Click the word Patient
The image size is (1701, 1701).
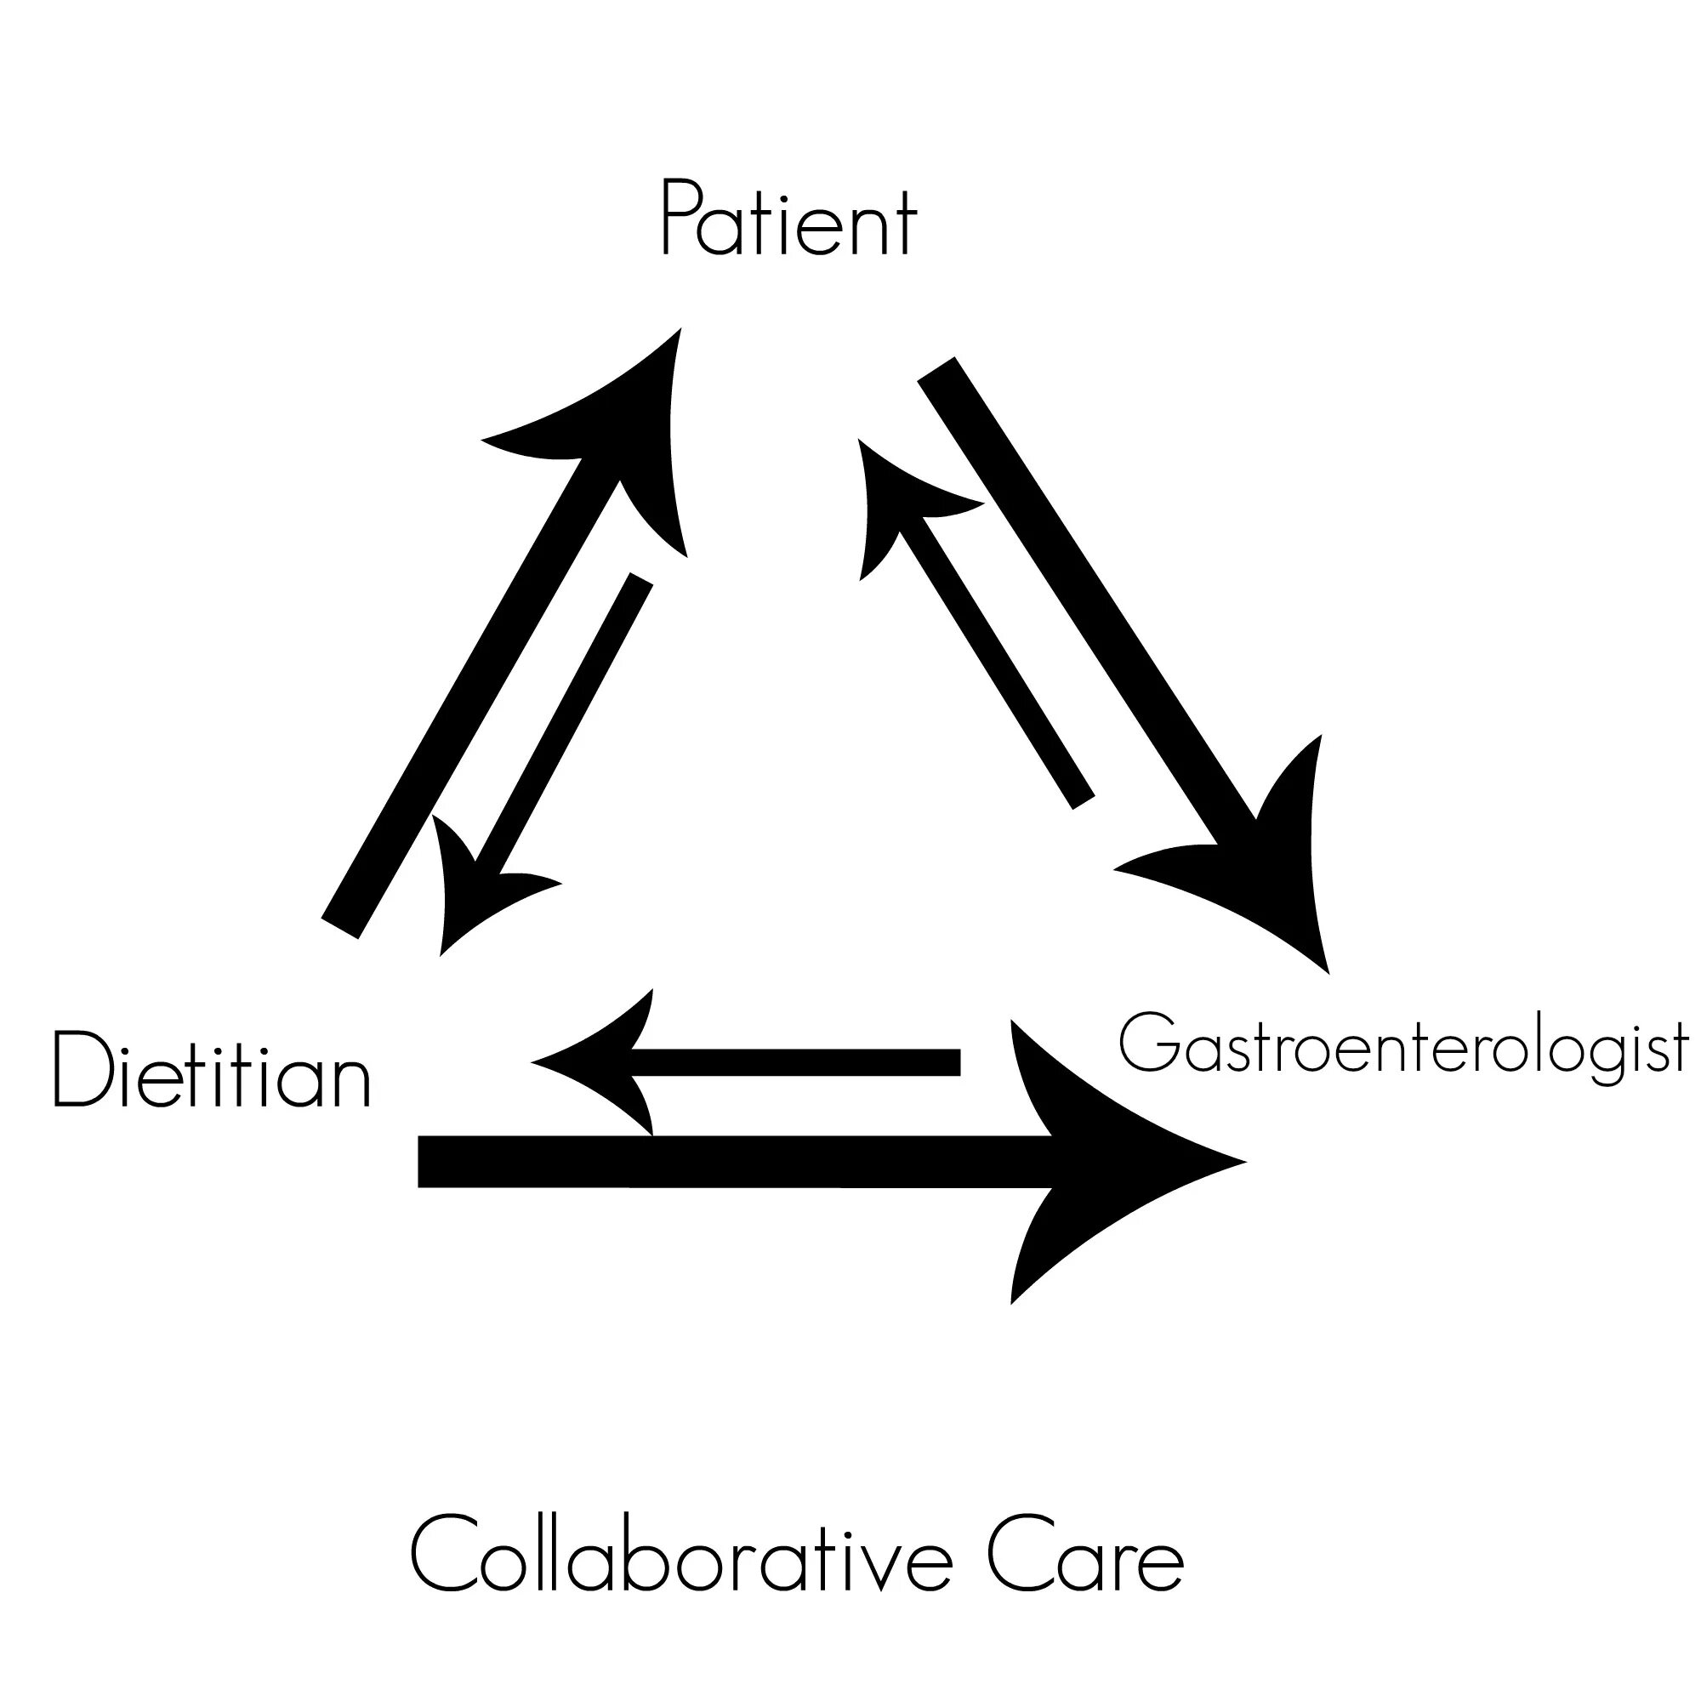tap(789, 219)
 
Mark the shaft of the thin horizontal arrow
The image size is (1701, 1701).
tap(793, 1061)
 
